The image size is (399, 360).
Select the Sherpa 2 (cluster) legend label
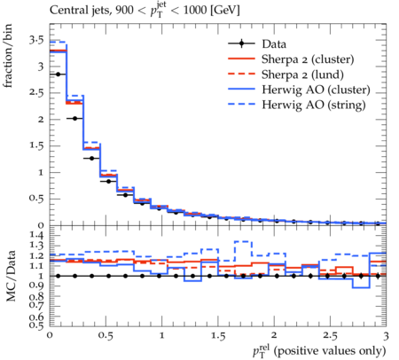pos(308,59)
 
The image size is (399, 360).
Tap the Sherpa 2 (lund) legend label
pos(302,74)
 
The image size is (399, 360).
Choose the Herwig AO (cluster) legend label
pos(316,90)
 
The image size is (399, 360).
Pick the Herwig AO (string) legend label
pos(314,105)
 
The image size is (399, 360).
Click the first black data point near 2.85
pos(59,74)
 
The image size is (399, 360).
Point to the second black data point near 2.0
pos(75,119)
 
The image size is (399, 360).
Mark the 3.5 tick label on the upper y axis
pos(36,40)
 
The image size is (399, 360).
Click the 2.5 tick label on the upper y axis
pos(36,93)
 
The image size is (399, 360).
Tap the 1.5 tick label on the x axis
pos(218,336)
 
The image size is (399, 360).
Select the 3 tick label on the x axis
pos(386,336)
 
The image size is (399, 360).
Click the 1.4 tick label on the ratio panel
pos(37,236)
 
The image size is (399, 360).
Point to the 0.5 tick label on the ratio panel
pos(37,325)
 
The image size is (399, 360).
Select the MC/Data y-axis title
pos(11,276)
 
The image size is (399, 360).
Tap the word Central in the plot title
pos(66,11)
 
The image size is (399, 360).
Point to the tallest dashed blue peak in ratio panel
pos(243,241)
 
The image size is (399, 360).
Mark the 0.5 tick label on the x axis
pos(106,336)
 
